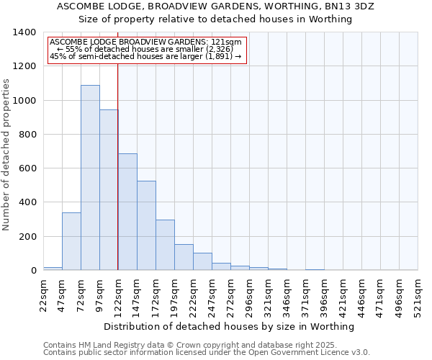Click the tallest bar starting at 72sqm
pyautogui.click(x=90, y=177)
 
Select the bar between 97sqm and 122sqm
pyautogui.click(x=109, y=189)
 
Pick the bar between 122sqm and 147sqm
pyautogui.click(x=127, y=212)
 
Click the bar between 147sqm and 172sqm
pyautogui.click(x=146, y=225)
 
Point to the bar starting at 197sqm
pyautogui.click(x=184, y=257)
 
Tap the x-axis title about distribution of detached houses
pyautogui.click(x=229, y=327)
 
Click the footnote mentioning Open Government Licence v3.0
pyautogui.click(x=207, y=353)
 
